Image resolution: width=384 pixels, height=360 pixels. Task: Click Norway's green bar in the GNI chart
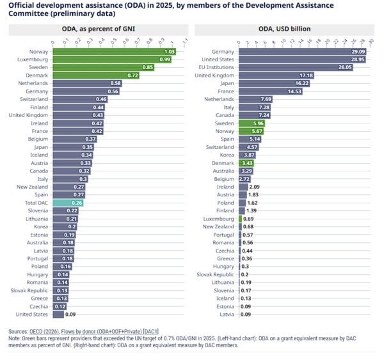point(115,51)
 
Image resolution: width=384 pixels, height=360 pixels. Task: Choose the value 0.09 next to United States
point(70,314)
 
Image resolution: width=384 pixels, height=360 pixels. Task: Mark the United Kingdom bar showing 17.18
point(275,75)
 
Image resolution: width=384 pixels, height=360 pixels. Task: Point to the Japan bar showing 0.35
point(71,146)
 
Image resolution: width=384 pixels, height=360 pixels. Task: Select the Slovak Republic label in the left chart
point(29,290)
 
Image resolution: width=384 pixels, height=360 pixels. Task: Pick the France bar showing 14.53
point(269,91)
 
